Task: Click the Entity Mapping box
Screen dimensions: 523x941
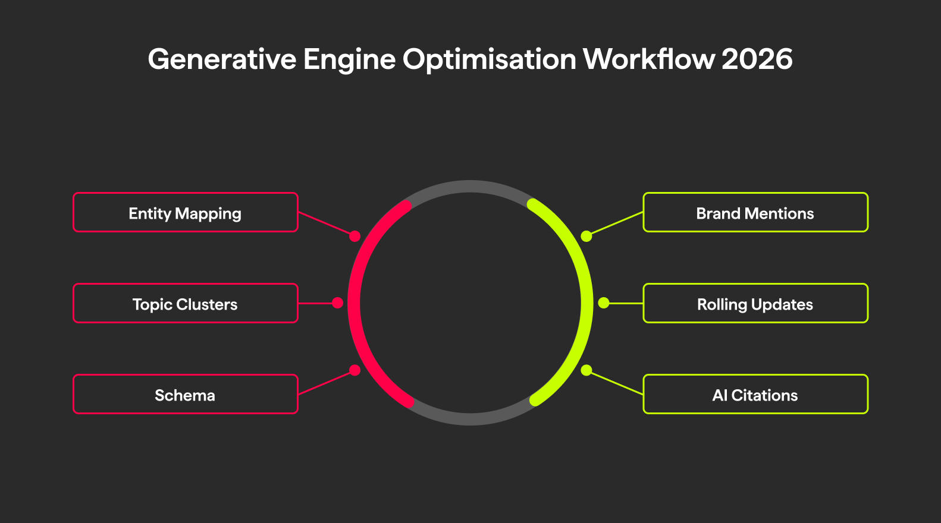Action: coord(185,213)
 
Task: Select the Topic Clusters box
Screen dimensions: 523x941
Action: coord(185,304)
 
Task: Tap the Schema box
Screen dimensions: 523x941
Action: coord(185,395)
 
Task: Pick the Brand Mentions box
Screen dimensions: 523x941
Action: coord(755,213)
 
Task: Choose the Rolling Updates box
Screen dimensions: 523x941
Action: coord(755,304)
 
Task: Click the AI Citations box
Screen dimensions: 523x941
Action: coord(755,395)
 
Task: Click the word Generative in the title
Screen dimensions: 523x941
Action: coord(222,59)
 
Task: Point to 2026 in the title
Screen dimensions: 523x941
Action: coord(757,59)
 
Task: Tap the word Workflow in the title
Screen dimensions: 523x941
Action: coord(649,59)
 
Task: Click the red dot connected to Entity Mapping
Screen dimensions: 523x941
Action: coord(355,237)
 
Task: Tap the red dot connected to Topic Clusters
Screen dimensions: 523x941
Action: coord(337,303)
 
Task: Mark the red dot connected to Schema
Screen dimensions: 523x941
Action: coord(355,370)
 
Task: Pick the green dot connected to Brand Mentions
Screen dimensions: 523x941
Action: coord(586,237)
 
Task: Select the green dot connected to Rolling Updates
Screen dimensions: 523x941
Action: coord(604,303)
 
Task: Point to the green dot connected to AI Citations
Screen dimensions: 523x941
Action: coord(586,370)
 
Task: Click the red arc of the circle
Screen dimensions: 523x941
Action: coord(355,303)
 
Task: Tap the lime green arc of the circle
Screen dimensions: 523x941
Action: coord(586,303)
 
